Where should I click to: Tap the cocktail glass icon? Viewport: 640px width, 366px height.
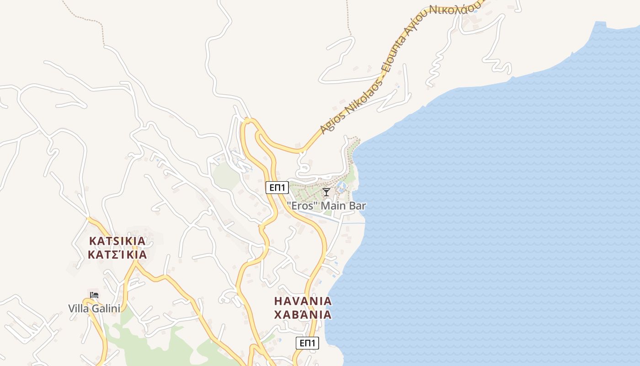tap(326, 192)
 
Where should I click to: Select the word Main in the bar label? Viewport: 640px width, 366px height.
tap(332, 206)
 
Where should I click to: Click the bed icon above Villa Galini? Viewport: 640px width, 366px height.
tap(94, 295)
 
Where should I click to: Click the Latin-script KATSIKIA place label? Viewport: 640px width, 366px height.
tap(117, 241)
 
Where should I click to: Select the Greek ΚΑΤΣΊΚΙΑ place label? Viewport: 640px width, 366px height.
tap(117, 255)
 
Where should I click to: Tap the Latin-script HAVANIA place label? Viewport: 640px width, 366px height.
tap(303, 301)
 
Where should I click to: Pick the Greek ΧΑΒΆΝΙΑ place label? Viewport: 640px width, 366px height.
tap(303, 315)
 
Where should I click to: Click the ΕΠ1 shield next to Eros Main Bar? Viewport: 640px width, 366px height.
tap(277, 188)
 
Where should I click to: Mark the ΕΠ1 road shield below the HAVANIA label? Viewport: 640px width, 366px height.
tap(307, 343)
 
